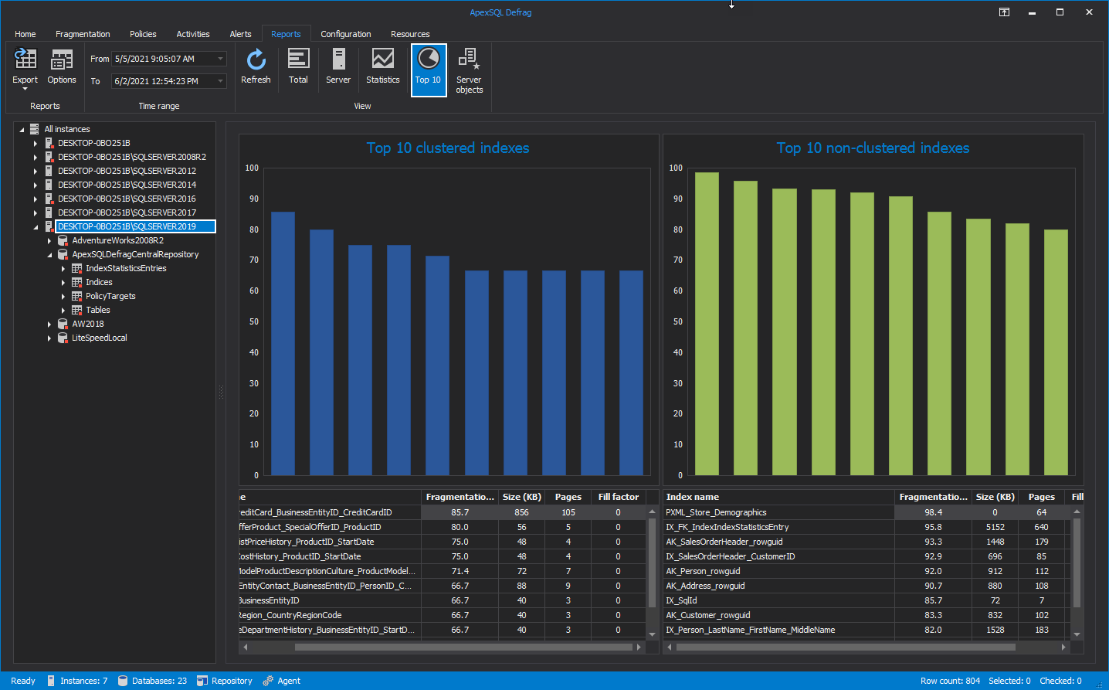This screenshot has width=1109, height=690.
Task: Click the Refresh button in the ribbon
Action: pos(256,66)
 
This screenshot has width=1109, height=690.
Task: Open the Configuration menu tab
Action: pos(346,34)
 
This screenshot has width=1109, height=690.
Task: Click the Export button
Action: pos(25,67)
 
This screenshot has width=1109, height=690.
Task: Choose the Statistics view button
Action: pos(383,66)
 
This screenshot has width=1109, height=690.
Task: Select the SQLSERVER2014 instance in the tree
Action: pos(127,185)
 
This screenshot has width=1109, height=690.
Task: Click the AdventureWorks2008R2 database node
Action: pos(117,240)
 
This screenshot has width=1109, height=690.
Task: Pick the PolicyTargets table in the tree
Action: pos(110,296)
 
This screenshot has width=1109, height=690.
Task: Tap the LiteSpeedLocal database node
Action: pos(99,338)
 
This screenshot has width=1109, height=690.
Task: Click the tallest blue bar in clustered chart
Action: pos(283,344)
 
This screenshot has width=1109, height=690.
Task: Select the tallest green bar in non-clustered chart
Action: pos(707,325)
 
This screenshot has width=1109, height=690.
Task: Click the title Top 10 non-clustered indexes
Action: pos(873,148)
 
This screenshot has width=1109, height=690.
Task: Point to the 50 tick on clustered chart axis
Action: pos(254,321)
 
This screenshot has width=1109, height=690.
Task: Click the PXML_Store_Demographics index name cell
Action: pos(716,512)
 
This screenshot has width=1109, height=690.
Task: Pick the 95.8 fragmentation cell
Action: pos(933,527)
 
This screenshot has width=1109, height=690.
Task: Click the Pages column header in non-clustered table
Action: pos(1041,497)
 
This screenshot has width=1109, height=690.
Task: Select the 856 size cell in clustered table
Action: pos(521,512)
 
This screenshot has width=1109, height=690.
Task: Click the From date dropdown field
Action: pos(168,59)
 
